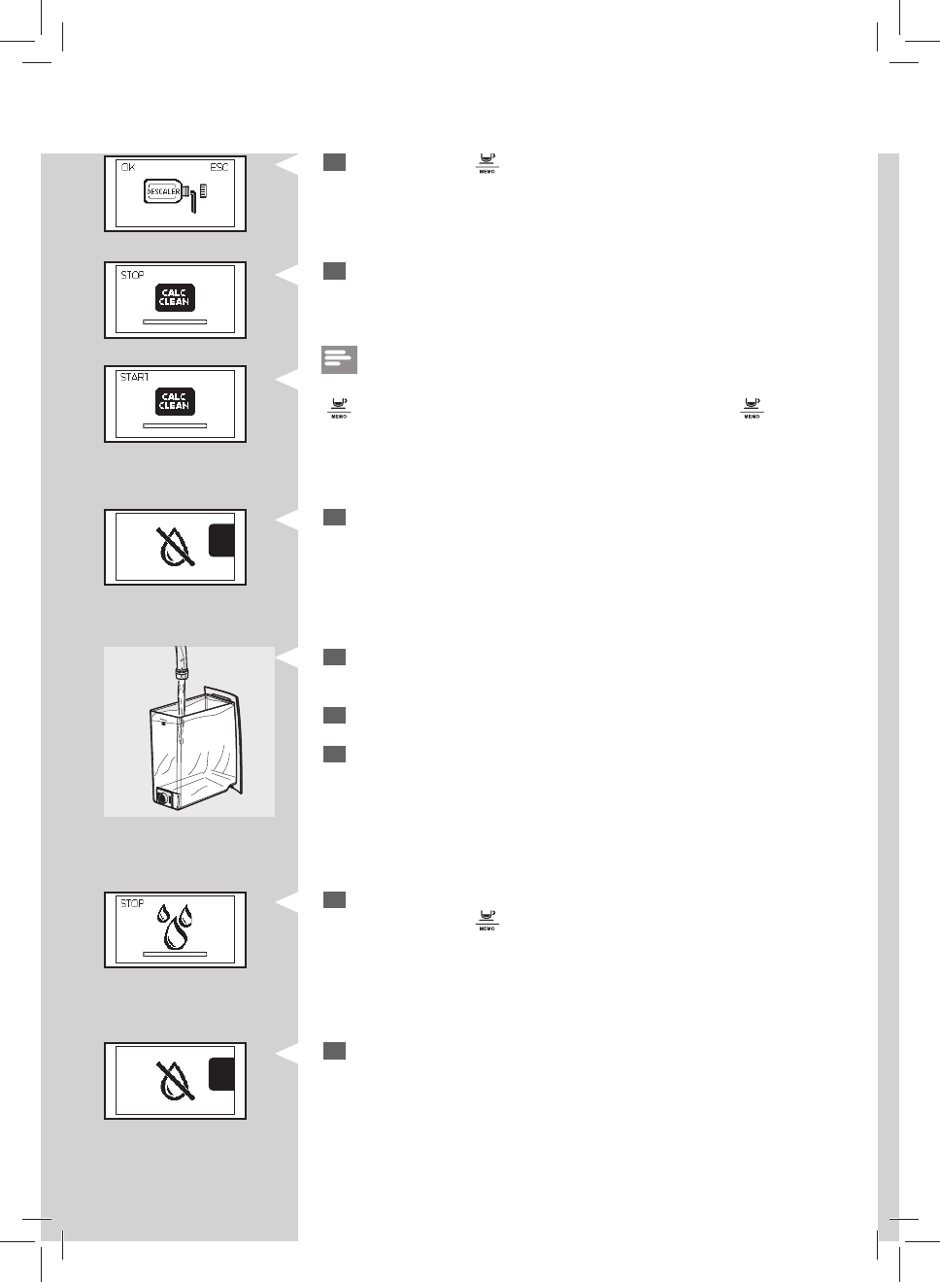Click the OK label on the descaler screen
pyautogui.click(x=127, y=168)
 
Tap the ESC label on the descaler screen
pyautogui.click(x=219, y=168)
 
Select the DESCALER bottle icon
pyautogui.click(x=164, y=192)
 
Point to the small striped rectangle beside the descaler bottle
pyautogui.click(x=203, y=191)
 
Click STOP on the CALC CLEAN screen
pyautogui.click(x=132, y=275)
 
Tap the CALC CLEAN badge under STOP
pyautogui.click(x=175, y=297)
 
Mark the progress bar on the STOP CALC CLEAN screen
pyautogui.click(x=175, y=321)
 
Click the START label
pyautogui.click(x=135, y=377)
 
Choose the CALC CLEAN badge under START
pyautogui.click(x=175, y=401)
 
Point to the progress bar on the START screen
pyautogui.click(x=175, y=425)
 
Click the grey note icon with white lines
pyautogui.click(x=339, y=359)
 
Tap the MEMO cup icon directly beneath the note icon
pyautogui.click(x=339, y=407)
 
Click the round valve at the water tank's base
pyautogui.click(x=163, y=798)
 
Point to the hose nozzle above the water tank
pyautogui.click(x=180, y=671)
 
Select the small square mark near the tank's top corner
pyautogui.click(x=164, y=722)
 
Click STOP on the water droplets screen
pyautogui.click(x=132, y=903)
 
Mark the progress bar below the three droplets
pyautogui.click(x=175, y=955)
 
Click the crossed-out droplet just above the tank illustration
pyautogui.click(x=176, y=547)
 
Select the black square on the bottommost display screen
pyautogui.click(x=221, y=1074)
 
